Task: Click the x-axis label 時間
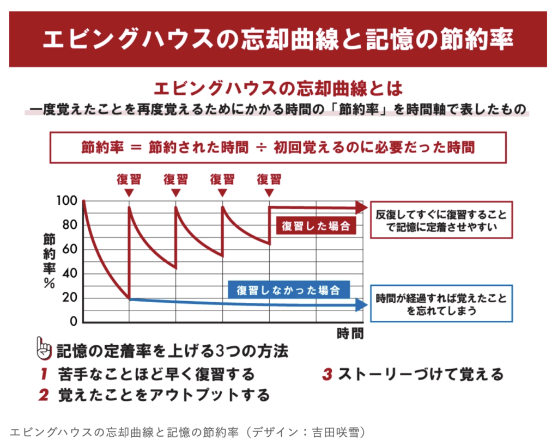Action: tap(349, 333)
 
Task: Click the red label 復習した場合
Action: tap(316, 226)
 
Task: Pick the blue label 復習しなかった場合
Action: tap(288, 290)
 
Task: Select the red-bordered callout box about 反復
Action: tap(441, 220)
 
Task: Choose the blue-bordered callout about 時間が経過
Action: tap(441, 304)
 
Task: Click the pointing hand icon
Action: tap(44, 348)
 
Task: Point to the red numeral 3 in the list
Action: tap(327, 375)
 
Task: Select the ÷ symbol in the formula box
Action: tap(262, 147)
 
